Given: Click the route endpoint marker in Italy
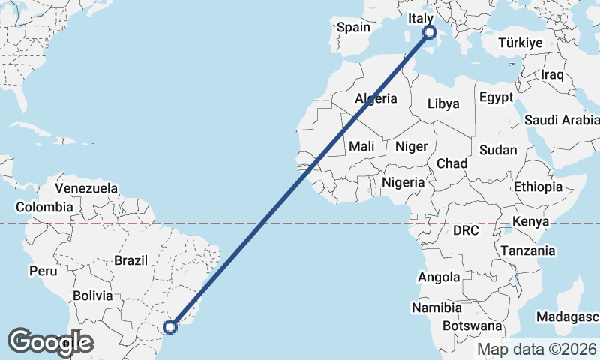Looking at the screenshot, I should click(430, 32).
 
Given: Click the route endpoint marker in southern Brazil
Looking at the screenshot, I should click(171, 326).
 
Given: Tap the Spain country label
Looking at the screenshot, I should click(353, 27).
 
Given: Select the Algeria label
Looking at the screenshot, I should click(376, 98).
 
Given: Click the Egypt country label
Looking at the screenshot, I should click(496, 97).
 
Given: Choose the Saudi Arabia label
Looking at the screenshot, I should click(562, 120).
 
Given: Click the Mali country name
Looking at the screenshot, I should click(362, 146).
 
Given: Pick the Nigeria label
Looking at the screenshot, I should click(403, 181).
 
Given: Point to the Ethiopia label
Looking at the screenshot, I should click(538, 187).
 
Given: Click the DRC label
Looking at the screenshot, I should click(466, 230).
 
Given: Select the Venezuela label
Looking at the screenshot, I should click(86, 187).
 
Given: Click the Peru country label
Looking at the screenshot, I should click(43, 270).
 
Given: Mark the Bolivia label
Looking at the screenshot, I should click(93, 295).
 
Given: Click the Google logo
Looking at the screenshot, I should click(50, 341).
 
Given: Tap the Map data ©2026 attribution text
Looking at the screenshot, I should click(537, 349).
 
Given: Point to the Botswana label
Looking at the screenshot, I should click(472, 326).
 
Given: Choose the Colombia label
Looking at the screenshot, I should click(45, 207).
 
